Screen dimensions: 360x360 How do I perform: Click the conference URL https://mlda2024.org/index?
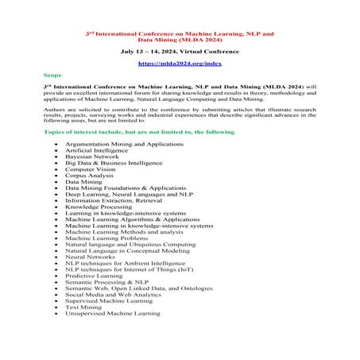point(180,61)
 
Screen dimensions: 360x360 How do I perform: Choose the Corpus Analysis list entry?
point(91,176)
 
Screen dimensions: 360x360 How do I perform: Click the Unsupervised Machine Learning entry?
point(112,313)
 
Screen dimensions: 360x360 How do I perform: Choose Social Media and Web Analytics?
point(113,296)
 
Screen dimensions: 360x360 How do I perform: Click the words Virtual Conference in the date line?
point(210,49)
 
